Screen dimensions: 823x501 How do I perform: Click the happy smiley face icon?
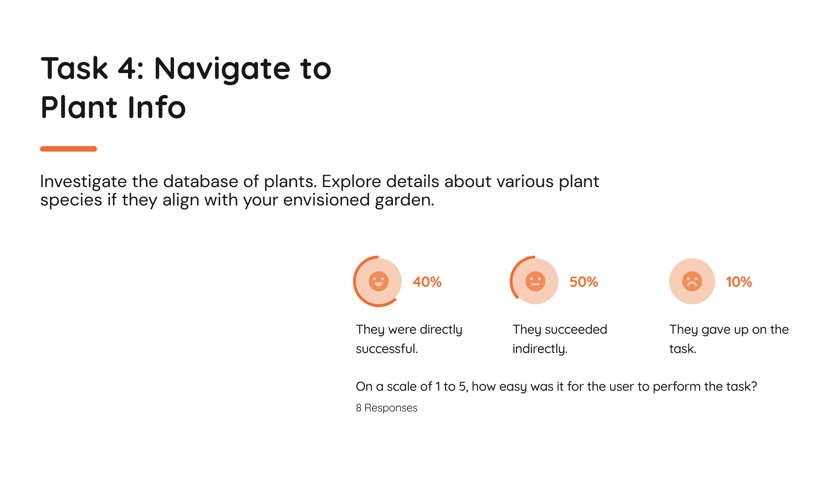[378, 281]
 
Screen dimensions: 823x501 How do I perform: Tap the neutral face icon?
[535, 281]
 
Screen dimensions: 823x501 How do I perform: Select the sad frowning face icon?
[692, 281]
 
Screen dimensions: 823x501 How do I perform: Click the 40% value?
[427, 282]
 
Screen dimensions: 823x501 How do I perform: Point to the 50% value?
[584, 282]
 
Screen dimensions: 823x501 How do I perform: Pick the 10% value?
[739, 282]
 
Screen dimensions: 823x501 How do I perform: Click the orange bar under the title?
[68, 149]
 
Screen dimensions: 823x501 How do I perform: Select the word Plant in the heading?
[79, 107]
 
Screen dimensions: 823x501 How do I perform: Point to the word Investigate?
[84, 182]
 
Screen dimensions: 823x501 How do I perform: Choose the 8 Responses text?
[386, 408]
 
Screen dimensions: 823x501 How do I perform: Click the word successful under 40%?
[386, 348]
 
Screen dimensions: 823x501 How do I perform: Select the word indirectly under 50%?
[540, 349]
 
